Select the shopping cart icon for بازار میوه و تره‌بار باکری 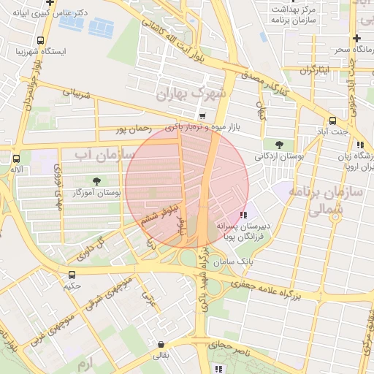click(x=202, y=116)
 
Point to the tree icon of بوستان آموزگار click(x=96, y=180)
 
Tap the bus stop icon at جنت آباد click(x=333, y=121)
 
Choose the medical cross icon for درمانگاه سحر click(x=356, y=38)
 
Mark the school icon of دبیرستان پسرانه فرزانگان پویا click(x=243, y=215)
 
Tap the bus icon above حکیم click(x=71, y=275)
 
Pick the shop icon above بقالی click(x=160, y=344)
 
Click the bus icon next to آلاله click(x=17, y=158)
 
